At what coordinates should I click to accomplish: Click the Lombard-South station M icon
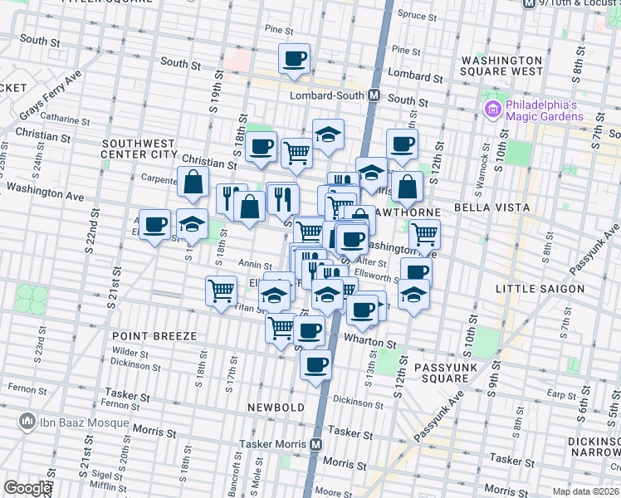click(374, 95)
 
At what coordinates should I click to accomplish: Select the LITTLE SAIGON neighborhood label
click(540, 289)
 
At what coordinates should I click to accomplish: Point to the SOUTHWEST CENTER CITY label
click(139, 148)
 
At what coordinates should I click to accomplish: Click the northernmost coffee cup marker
click(295, 58)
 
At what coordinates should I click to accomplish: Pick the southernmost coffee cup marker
click(315, 364)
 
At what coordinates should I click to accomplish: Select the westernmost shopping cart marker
click(221, 290)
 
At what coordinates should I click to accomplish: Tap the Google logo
click(27, 488)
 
